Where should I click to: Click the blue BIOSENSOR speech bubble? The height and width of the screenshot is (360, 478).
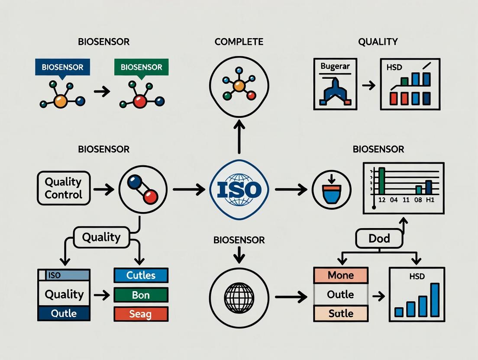coord(63,67)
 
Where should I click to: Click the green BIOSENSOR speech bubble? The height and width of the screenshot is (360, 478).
coord(141,67)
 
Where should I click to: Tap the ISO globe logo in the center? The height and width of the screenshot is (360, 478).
coord(239,189)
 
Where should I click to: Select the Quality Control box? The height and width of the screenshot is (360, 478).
coord(64,188)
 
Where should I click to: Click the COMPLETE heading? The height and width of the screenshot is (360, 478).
coord(239,42)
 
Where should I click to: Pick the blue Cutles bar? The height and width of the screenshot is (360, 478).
coord(141,275)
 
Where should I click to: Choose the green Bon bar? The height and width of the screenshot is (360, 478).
coord(141,295)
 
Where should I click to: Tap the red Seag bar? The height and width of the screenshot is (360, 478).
coord(141,314)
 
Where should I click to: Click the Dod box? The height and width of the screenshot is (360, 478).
coord(379,238)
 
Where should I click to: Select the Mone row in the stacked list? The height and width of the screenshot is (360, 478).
coord(340,275)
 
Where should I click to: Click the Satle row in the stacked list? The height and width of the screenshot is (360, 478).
coord(340,313)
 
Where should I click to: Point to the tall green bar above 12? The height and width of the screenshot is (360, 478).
coord(381,181)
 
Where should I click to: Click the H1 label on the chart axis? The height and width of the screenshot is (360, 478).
coord(429,200)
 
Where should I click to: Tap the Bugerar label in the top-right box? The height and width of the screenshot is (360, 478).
coord(335,67)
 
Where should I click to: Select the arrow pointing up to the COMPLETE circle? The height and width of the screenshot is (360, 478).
coord(239,136)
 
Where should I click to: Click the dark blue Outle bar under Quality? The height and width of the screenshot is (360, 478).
coord(64,313)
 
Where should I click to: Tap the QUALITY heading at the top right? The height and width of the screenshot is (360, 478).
coord(378,42)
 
